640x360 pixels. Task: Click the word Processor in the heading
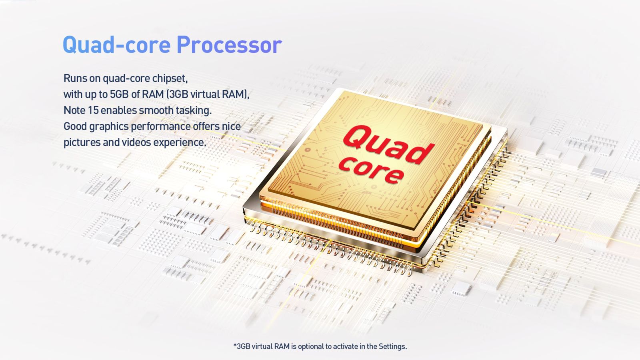point(230,45)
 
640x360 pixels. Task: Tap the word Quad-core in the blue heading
point(116,45)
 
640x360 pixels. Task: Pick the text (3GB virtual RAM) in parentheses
point(208,94)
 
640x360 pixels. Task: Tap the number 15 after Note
point(93,110)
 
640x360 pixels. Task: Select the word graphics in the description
point(108,127)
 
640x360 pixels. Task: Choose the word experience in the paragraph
point(180,143)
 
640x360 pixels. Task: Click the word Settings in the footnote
point(392,346)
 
